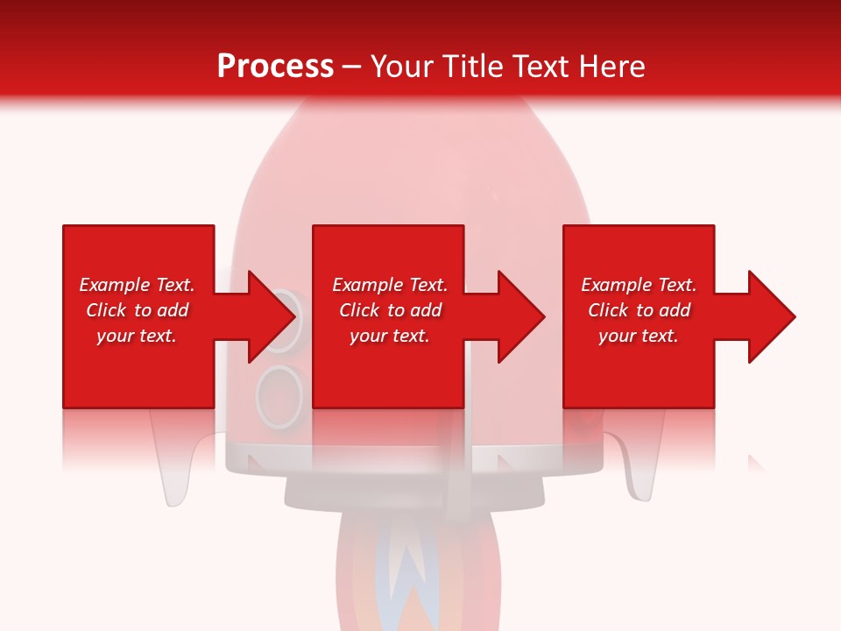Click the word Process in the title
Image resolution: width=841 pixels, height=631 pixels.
coord(275,67)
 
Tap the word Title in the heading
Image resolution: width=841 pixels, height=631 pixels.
coord(472,67)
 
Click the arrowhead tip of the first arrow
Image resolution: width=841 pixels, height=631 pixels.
coord(293,316)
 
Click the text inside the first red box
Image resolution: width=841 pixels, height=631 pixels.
coord(138,310)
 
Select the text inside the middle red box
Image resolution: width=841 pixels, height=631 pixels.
coord(390,310)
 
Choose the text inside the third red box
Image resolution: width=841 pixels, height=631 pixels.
coord(639,310)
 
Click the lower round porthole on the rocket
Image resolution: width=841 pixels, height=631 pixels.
coord(279,394)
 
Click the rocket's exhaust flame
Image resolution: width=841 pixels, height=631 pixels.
coord(408,578)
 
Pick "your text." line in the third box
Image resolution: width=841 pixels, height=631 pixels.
coord(639,336)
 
